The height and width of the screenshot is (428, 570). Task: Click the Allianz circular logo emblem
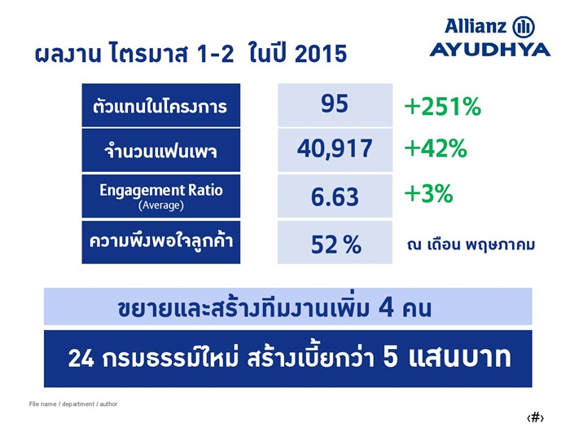524,27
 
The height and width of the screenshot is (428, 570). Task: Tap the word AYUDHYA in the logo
490,50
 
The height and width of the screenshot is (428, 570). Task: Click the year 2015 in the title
321,54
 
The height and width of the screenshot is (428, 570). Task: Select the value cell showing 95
335,105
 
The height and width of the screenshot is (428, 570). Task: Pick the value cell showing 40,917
335,150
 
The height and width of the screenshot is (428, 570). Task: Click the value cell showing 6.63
335,196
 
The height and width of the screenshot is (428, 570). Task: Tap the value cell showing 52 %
335,242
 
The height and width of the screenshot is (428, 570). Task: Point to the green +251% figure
443,106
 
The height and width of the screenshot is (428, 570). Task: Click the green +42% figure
436,148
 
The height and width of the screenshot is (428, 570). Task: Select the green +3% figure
429,193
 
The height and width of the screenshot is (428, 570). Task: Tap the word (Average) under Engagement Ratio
161,205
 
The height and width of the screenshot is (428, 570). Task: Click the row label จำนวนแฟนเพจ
161,150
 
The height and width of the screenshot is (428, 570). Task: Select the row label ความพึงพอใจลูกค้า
161,242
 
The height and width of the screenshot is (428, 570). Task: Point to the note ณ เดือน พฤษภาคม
471,244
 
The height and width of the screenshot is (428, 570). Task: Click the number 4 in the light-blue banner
386,307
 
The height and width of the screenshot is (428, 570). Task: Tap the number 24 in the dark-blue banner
81,358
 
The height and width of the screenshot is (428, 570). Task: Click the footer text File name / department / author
73,404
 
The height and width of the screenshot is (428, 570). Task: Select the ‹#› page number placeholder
535,417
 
